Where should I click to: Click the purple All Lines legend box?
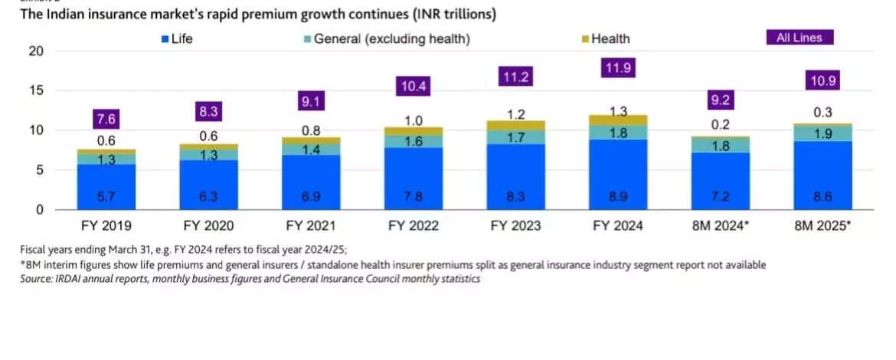tap(799, 38)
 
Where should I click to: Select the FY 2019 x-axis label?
tap(106, 226)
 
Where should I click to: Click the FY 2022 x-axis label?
tap(413, 226)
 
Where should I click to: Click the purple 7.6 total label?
tap(106, 119)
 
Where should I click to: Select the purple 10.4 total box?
tap(413, 86)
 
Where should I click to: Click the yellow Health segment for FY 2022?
tap(413, 131)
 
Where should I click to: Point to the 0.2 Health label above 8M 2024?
tap(721, 125)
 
